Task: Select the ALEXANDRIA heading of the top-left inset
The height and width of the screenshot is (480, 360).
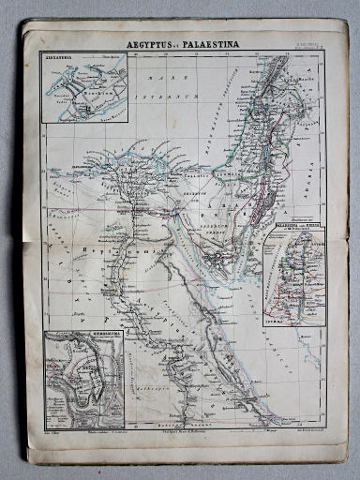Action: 59,58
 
